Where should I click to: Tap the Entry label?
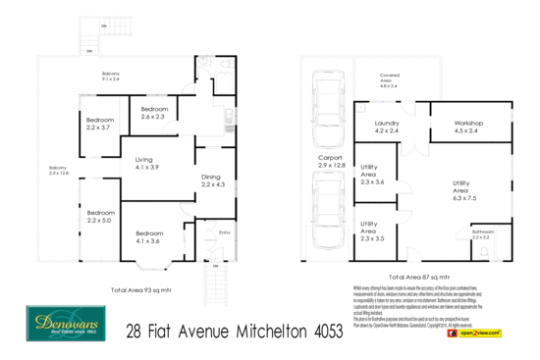coord(224,232)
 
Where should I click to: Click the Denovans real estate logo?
coord(61,321)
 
